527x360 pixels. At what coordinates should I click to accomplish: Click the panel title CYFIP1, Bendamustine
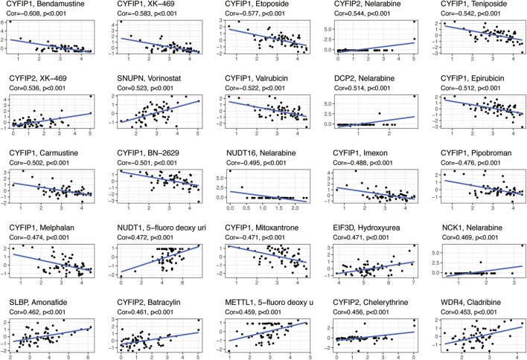46,6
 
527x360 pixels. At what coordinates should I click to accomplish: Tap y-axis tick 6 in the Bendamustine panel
7,23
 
